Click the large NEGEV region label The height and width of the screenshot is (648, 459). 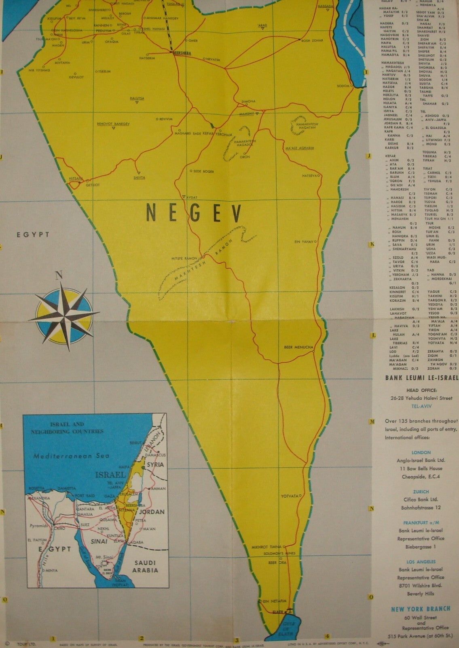click(194, 212)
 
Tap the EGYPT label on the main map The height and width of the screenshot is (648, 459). click(33, 234)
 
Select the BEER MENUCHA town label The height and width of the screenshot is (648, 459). click(298, 347)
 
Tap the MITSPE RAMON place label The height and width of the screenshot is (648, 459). click(184, 258)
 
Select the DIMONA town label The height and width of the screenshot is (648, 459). click(248, 101)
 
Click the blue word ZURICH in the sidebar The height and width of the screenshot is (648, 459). click(421, 492)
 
